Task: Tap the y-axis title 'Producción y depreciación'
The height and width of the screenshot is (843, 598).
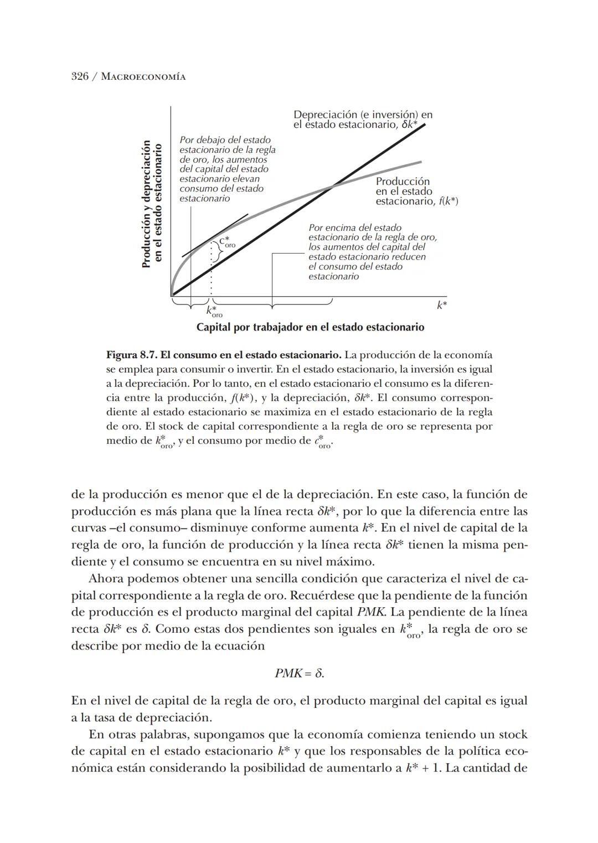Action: pyautogui.click(x=146, y=204)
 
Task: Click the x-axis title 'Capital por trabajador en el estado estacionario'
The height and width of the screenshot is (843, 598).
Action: pyautogui.click(x=310, y=327)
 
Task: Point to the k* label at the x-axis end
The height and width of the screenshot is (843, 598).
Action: pyautogui.click(x=441, y=305)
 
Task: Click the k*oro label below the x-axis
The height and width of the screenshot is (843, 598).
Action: pyautogui.click(x=213, y=312)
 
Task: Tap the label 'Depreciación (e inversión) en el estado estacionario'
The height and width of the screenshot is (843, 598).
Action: pyautogui.click(x=363, y=120)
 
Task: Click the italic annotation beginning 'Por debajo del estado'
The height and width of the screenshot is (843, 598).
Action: pyautogui.click(x=227, y=169)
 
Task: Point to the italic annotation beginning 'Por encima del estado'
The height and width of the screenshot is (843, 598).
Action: pyautogui.click(x=372, y=252)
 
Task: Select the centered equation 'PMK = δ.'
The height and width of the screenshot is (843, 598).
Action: pyautogui.click(x=299, y=674)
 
